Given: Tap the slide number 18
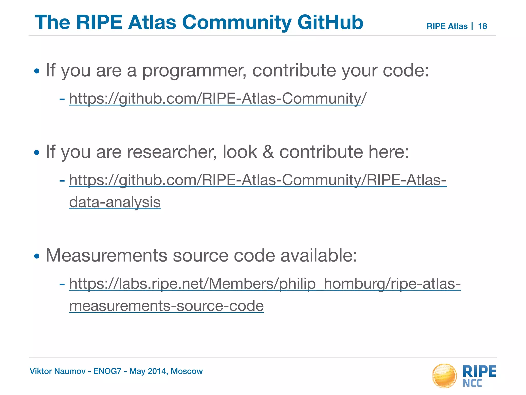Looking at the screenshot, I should (x=483, y=26).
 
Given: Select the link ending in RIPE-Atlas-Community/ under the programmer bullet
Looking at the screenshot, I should (x=218, y=98).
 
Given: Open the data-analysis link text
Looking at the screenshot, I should (x=115, y=202).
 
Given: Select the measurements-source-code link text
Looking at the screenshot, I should (x=166, y=306).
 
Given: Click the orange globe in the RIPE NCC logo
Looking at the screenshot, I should (x=444, y=375).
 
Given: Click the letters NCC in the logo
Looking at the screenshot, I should (x=472, y=383).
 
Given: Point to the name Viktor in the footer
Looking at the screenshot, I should (x=39, y=371).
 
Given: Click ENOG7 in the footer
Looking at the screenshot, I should (x=107, y=371).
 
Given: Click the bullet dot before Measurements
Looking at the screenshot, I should (x=37, y=256).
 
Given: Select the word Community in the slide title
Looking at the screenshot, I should (x=237, y=22).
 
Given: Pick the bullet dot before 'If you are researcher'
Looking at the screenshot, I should (x=37, y=152).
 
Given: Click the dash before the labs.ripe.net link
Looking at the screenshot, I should (x=62, y=284).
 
